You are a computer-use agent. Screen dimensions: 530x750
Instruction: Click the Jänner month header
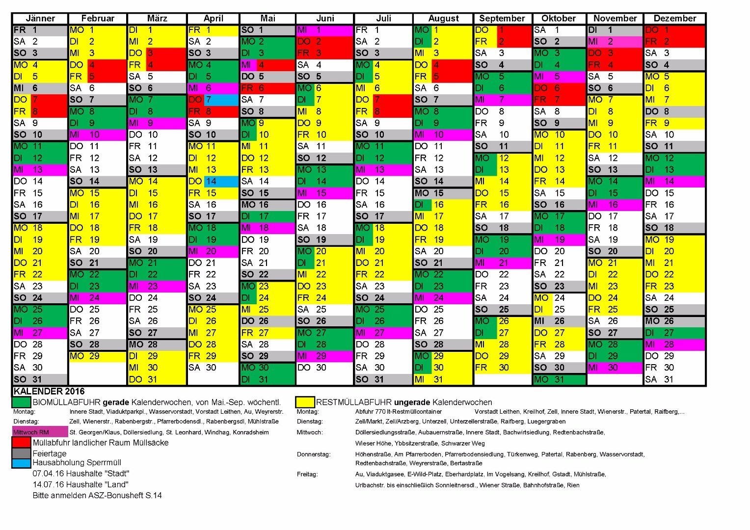(x=40, y=19)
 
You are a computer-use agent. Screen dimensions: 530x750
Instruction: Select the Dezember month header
(x=674, y=19)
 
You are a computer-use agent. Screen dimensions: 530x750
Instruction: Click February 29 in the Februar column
(x=98, y=356)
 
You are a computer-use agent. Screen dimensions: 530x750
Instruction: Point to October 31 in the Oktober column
(x=559, y=379)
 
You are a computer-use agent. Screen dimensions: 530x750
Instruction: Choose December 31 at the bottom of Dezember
(x=674, y=379)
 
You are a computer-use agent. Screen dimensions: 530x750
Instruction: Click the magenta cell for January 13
(x=40, y=170)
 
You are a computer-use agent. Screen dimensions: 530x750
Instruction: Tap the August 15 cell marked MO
(x=443, y=193)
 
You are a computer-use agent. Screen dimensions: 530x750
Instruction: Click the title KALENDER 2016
(x=49, y=391)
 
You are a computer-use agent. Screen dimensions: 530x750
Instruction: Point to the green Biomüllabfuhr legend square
(x=22, y=402)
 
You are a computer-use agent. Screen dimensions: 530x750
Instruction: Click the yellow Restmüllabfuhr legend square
(x=305, y=402)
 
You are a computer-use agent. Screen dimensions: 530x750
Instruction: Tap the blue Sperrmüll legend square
(x=22, y=463)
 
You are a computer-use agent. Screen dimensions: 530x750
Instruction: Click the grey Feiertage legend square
(x=22, y=453)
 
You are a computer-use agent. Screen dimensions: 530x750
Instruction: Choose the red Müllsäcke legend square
(x=22, y=442)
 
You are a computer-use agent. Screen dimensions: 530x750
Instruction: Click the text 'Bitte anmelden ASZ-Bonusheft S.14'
(x=97, y=495)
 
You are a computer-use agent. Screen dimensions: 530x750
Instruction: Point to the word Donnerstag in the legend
(x=314, y=454)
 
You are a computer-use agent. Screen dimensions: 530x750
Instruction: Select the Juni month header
(x=325, y=19)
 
